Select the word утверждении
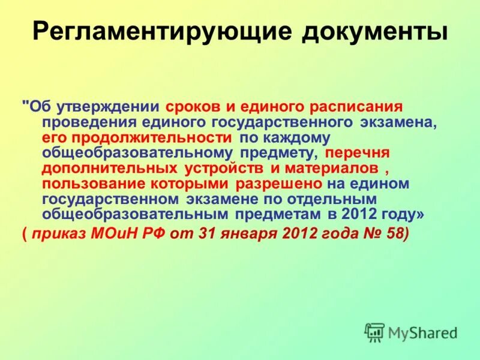[108, 107]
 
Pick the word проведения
[84, 122]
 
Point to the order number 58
[397, 234]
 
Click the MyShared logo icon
[374, 332]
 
